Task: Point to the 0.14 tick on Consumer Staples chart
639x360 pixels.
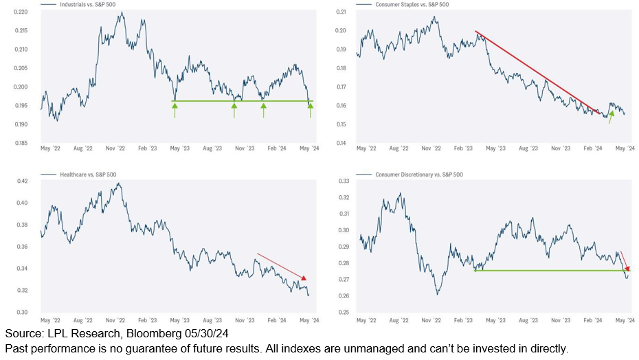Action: point(341,143)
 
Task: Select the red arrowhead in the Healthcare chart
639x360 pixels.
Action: point(303,277)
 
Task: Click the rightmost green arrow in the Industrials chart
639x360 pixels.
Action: point(311,110)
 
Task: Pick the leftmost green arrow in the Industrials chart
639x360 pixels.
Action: point(175,110)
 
